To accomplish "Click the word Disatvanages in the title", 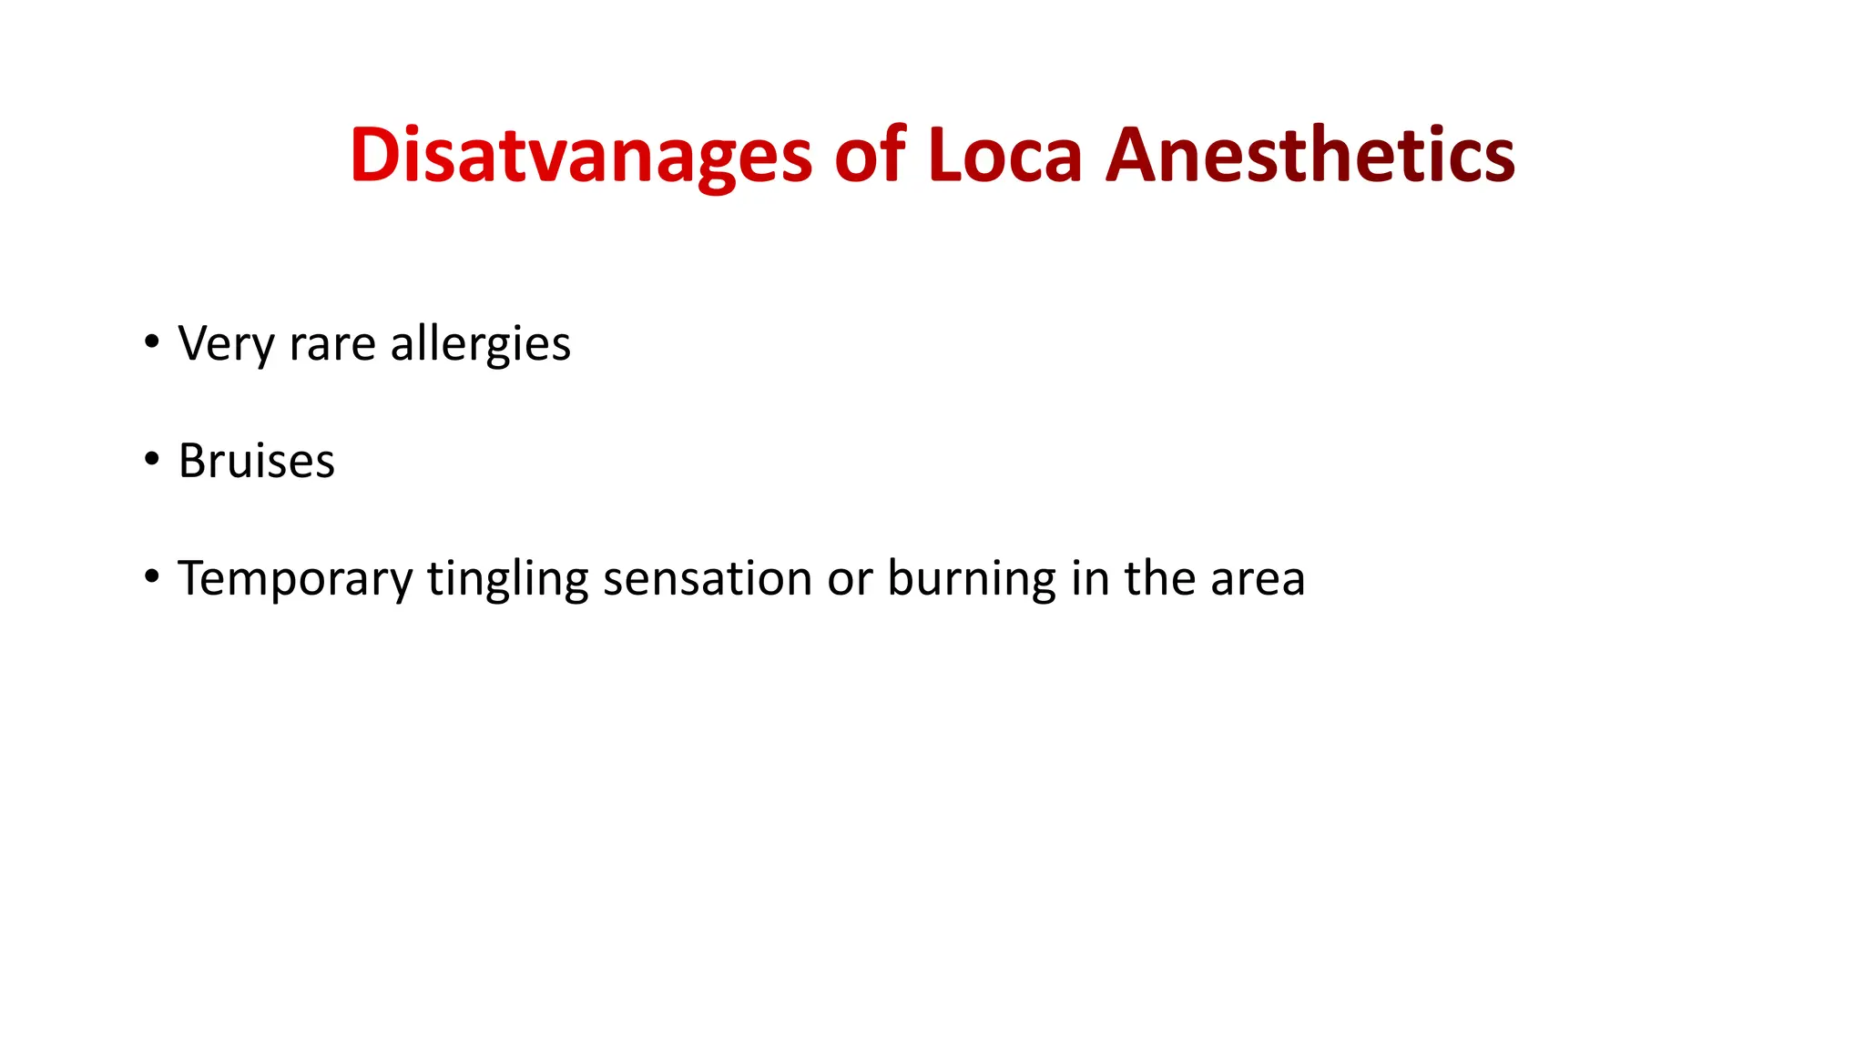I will pos(580,155).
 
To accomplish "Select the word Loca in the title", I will pos(1005,155).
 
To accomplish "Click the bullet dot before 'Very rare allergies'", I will pos(151,342).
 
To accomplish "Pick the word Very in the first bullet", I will pos(226,344).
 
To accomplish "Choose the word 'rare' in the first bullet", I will pos(332,344).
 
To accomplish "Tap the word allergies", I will pos(480,344).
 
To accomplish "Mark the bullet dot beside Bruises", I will pos(151,459).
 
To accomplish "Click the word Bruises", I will pos(257,461).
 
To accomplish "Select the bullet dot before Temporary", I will pos(151,576).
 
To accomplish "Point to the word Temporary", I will pos(295,579).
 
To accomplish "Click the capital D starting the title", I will pos(373,155).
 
